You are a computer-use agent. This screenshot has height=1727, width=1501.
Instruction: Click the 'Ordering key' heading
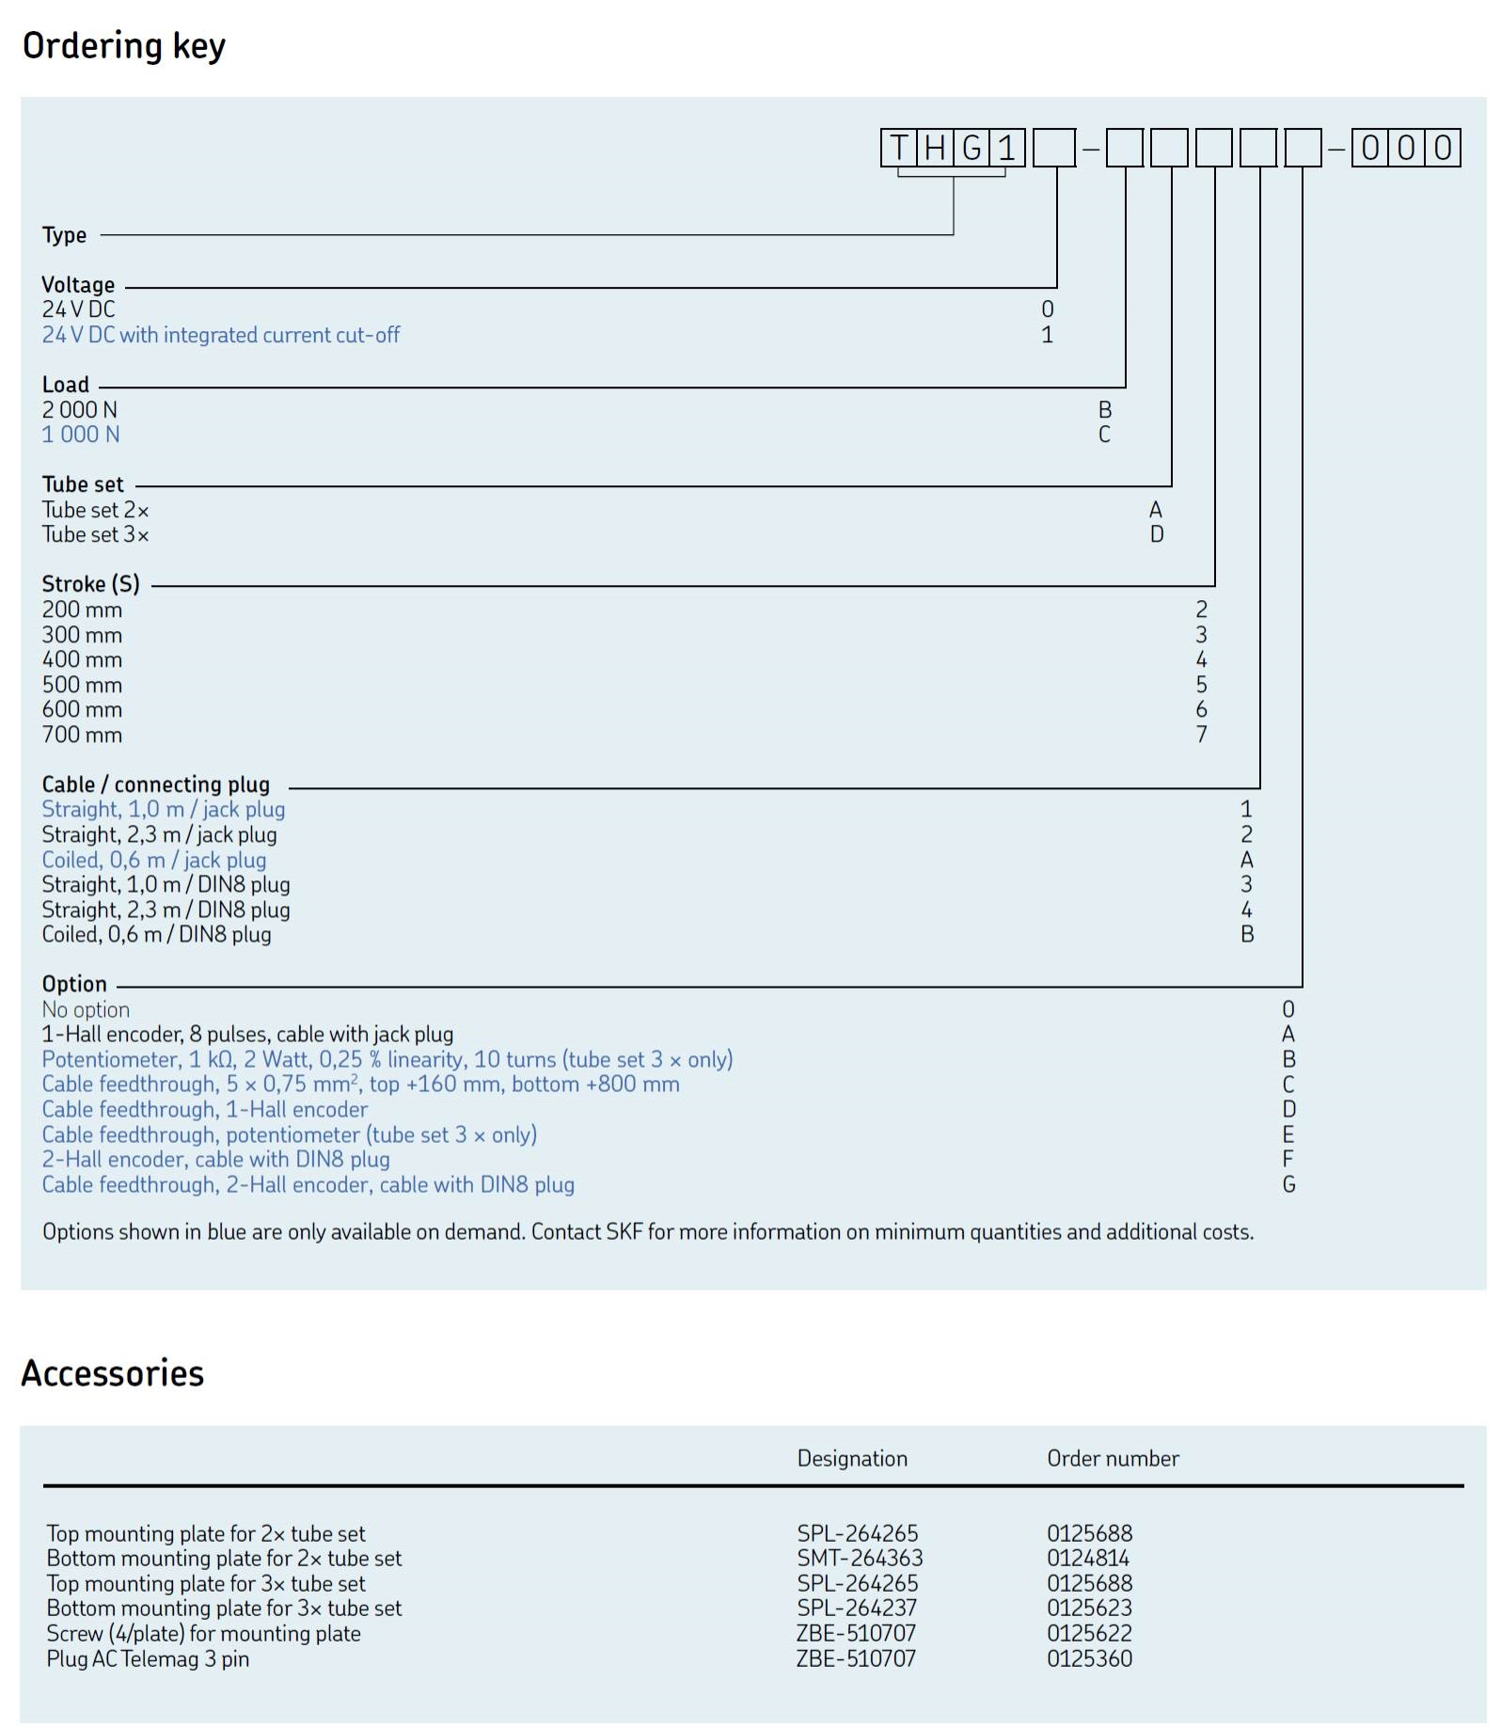click(x=123, y=45)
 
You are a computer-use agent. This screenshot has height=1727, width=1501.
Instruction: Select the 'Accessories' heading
click(x=113, y=1373)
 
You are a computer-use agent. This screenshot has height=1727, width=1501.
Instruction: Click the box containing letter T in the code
click(x=899, y=148)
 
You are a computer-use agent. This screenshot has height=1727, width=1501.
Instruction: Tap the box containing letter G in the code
click(x=972, y=148)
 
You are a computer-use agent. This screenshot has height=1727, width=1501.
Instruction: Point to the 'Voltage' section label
click(x=78, y=284)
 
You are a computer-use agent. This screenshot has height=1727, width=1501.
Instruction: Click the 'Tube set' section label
click(x=83, y=484)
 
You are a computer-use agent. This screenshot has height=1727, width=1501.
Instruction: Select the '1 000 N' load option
click(x=81, y=435)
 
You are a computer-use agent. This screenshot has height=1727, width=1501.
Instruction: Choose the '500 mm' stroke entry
click(x=82, y=685)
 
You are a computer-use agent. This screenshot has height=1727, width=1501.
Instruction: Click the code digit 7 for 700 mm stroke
click(x=1201, y=735)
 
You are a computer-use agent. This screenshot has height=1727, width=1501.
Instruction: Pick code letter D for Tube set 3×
click(x=1157, y=534)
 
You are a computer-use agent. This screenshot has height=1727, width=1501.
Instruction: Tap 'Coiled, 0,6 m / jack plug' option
click(x=154, y=860)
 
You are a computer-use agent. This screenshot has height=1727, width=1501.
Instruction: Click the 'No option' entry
click(x=86, y=1009)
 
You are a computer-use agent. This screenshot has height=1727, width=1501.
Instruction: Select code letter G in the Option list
click(x=1288, y=1184)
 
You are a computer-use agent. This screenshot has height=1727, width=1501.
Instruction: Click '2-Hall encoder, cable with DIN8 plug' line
click(x=215, y=1159)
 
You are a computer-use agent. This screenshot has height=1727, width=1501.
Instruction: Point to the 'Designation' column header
click(x=852, y=1458)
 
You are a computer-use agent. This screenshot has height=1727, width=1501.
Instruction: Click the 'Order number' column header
click(x=1113, y=1458)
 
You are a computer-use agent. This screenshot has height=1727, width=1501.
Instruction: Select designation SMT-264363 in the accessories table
click(x=860, y=1558)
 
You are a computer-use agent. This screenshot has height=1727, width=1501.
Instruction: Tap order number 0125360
click(x=1089, y=1658)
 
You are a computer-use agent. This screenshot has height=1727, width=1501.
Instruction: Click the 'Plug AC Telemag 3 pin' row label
click(x=148, y=1658)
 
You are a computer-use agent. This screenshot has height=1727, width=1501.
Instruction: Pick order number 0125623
click(x=1089, y=1608)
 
